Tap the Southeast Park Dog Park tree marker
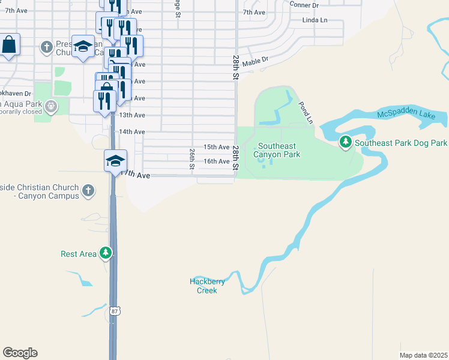click(345, 143)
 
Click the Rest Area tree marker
click(106, 253)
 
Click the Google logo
click(20, 353)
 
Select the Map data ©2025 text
click(423, 355)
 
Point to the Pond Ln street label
click(306, 112)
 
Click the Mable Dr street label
click(255, 61)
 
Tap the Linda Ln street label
click(315, 20)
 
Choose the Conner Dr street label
click(304, 5)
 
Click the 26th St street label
click(192, 159)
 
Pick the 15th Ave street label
click(216, 147)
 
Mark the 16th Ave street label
click(216, 161)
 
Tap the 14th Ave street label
click(132, 132)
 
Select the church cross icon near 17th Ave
click(88, 191)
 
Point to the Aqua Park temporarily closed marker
click(50, 107)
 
